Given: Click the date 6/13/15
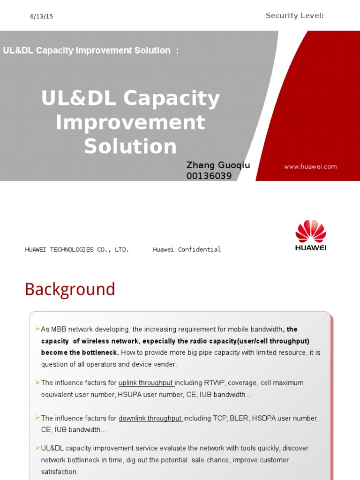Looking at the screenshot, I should tap(42, 16).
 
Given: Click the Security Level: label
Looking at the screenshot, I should tap(294, 16).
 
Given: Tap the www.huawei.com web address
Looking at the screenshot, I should tap(310, 167).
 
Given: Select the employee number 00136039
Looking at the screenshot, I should tap(209, 176).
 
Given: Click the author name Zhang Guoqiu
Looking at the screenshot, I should tap(218, 165).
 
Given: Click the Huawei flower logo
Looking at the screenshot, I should tap(310, 231).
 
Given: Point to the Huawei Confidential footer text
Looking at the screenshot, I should tap(187, 249).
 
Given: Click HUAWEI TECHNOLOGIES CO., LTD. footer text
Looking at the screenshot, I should tap(77, 249).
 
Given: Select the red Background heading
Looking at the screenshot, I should tap(70, 289).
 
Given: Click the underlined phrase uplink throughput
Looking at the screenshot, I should tap(146, 383).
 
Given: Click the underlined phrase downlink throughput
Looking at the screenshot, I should tap(150, 418).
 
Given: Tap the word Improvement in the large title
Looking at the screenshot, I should tap(130, 122).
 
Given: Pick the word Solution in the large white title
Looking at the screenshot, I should tap(130, 146).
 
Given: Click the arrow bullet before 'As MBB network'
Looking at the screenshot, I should tap(37, 329).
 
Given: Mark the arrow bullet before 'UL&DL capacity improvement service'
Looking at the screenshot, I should tap(37, 448).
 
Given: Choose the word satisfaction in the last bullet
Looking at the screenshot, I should tap(59, 472).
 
